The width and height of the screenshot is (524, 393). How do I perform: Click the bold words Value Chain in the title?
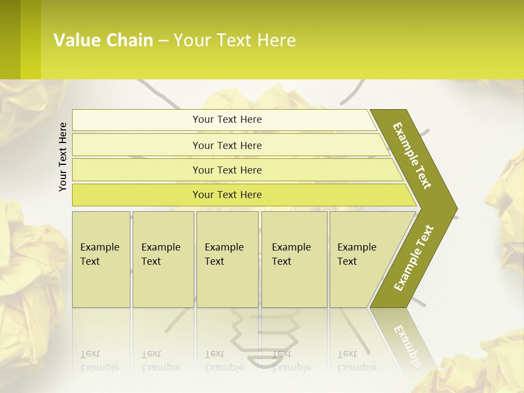[x=103, y=40]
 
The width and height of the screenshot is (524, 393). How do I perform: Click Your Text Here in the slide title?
[x=235, y=40]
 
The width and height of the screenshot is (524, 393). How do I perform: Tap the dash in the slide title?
[x=163, y=41]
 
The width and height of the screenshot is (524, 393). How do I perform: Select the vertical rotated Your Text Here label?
[x=63, y=157]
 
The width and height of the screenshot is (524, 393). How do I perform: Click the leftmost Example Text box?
[x=101, y=259]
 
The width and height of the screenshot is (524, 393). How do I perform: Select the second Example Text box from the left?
[x=163, y=259]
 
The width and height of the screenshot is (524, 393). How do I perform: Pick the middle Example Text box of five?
[x=227, y=259]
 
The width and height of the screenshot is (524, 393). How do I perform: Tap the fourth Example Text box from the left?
[x=294, y=259]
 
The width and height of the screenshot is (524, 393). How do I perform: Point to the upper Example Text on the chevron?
[x=412, y=156]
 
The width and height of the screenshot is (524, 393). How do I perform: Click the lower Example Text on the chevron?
[x=414, y=258]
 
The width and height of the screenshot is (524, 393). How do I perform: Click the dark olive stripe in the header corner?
[x=10, y=39]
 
